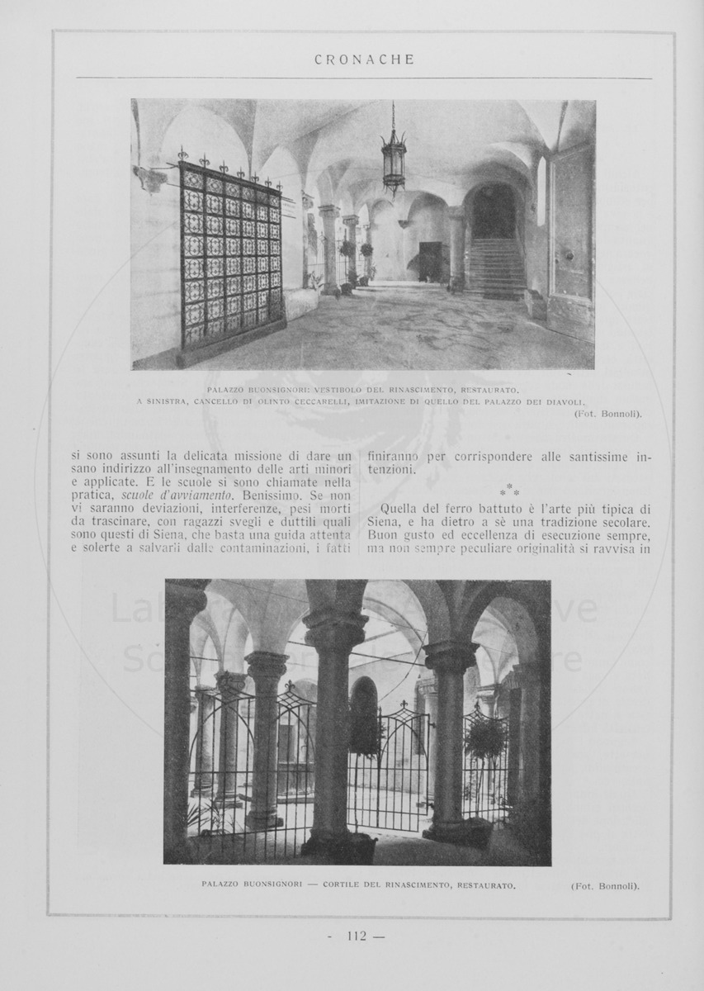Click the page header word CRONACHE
tap(364, 59)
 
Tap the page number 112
tap(357, 936)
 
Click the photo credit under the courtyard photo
tap(605, 886)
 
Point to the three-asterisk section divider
tap(509, 490)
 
